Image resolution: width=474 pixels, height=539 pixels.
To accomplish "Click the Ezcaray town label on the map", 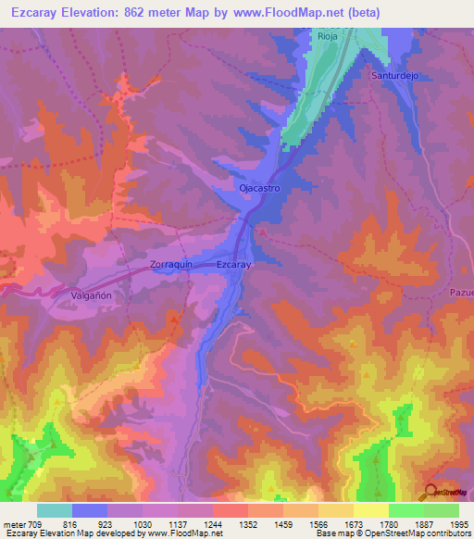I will point(233,265).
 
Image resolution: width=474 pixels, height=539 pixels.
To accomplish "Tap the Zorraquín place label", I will point(171,265).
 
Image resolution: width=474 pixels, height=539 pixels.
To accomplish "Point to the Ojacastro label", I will point(259,188).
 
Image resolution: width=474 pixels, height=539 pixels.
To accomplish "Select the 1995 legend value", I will point(457,523).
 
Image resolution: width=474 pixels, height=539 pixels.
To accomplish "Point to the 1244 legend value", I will point(213,523).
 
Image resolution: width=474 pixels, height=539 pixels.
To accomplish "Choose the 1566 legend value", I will point(318,523).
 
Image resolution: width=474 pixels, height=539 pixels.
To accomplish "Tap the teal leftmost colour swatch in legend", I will point(55,510).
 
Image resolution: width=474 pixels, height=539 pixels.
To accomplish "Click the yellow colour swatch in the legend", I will point(370,510).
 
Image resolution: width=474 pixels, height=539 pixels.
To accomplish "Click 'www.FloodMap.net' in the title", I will point(287,11).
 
